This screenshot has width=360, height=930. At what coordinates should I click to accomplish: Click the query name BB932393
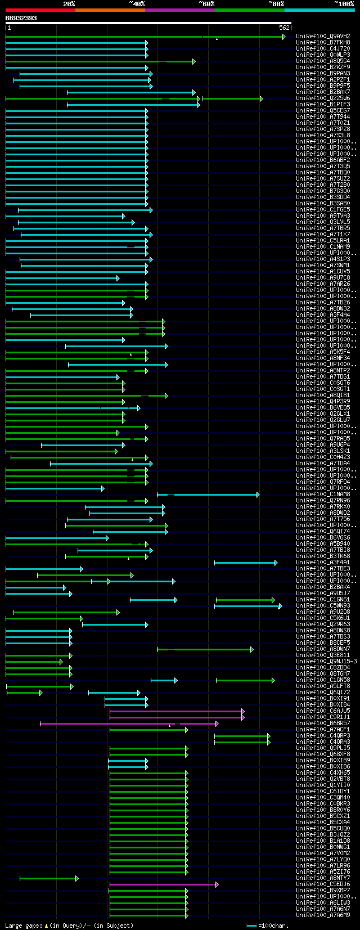pos(21,18)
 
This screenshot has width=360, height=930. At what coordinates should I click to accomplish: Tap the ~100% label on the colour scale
pos(344,4)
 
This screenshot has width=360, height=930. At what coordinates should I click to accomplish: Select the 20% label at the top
pos(69,4)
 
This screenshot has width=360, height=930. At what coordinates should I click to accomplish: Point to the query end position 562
pos(283,28)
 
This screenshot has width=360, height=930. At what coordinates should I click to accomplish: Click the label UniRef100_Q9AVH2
pos(323,36)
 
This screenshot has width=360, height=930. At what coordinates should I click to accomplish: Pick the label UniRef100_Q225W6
pos(323,98)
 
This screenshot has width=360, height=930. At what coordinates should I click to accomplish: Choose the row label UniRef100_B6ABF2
pos(323,160)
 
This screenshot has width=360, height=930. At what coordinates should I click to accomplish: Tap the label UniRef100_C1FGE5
pos(323,210)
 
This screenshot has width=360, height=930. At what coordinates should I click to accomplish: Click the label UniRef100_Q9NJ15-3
pos(326,662)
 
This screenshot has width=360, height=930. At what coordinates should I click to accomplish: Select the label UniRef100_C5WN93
pos(323,606)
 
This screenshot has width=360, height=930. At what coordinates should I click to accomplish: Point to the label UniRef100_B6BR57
pos(323,724)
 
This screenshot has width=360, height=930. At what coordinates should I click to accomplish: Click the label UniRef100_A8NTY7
pos(323,878)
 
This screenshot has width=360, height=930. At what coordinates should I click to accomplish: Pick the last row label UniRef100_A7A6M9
pos(323,915)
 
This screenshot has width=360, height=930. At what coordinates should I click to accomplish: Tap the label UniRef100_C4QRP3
pos(323,736)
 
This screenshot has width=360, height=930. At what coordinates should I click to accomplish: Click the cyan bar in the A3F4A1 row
pos(245,563)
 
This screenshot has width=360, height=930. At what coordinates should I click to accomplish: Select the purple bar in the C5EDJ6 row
pos(163,884)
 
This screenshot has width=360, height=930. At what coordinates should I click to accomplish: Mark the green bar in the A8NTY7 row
pos(48,878)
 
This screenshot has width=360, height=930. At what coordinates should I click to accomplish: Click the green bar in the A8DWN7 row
pos(205,649)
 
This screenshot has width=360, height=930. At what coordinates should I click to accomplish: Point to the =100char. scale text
pos(272,925)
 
